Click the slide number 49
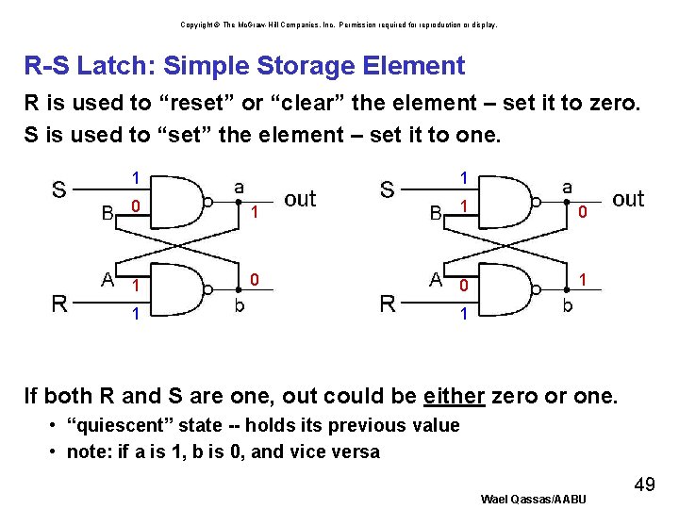pyautogui.click(x=644, y=484)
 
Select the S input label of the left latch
pyautogui.click(x=58, y=190)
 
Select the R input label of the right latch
pyautogui.click(x=387, y=304)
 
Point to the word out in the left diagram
pyautogui.click(x=300, y=199)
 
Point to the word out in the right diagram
pyautogui.click(x=628, y=199)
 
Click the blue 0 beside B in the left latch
pyautogui.click(x=136, y=206)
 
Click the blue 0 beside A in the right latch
pyautogui.click(x=462, y=286)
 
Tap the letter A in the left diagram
pyautogui.click(x=108, y=279)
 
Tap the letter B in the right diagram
pyautogui.click(x=436, y=213)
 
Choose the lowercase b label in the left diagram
pyautogui.click(x=240, y=305)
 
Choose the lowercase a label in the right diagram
pyautogui.click(x=567, y=189)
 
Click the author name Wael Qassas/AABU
pyautogui.click(x=533, y=498)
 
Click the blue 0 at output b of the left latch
pyautogui.click(x=255, y=279)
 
